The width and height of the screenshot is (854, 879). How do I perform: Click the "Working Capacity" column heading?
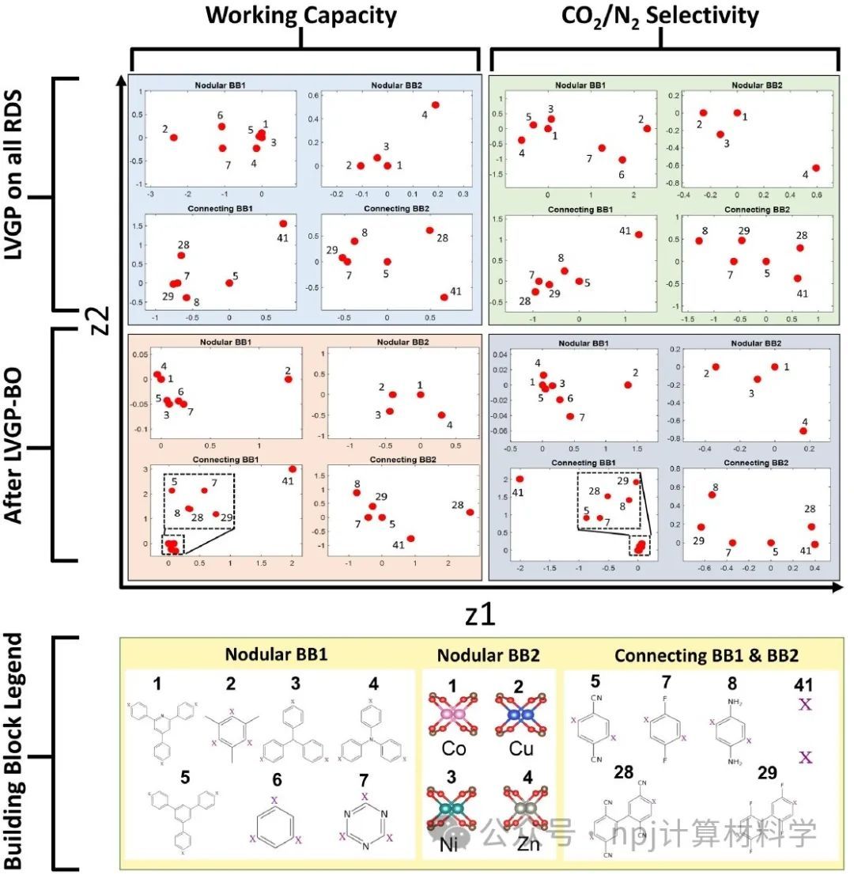(x=301, y=15)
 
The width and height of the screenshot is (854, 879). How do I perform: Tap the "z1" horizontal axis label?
(x=479, y=613)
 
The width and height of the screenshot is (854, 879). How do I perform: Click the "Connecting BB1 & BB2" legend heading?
(x=706, y=655)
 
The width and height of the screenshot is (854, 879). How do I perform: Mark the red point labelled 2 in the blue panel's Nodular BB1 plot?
(x=173, y=138)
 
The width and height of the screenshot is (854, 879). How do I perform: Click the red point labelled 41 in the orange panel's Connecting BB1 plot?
(x=293, y=469)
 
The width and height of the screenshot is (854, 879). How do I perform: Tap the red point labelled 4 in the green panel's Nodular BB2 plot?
(x=816, y=168)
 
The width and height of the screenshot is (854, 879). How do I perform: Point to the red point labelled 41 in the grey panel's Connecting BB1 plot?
(x=520, y=479)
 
